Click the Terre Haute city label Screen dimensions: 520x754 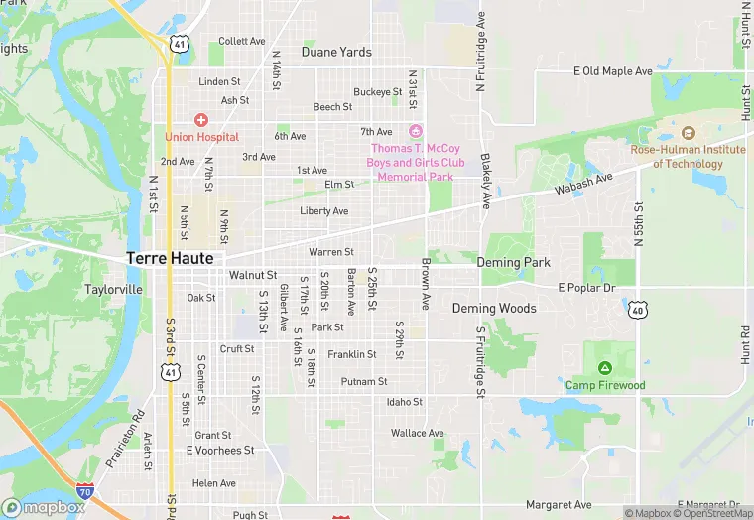coord(170,258)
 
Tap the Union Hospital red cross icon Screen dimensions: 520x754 coord(201,120)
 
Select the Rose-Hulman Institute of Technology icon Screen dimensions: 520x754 coord(689,133)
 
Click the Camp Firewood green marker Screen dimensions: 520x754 coord(605,369)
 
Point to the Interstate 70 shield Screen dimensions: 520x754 coord(87,490)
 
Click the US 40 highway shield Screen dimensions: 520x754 coord(637,310)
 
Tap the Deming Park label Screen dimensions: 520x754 coord(513,263)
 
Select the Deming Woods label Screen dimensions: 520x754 coord(494,309)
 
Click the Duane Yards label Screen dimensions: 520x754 coord(336,52)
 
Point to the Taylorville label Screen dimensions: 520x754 coord(114,290)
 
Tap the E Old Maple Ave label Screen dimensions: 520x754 coord(613,71)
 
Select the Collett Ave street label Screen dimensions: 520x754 coord(242,42)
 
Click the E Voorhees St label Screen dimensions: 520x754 coord(220,451)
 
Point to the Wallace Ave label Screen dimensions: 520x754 coord(418,433)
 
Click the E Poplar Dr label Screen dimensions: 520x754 coord(586,288)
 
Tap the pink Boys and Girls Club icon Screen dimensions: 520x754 coord(416,132)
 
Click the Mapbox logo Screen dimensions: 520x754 coord(45,507)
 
